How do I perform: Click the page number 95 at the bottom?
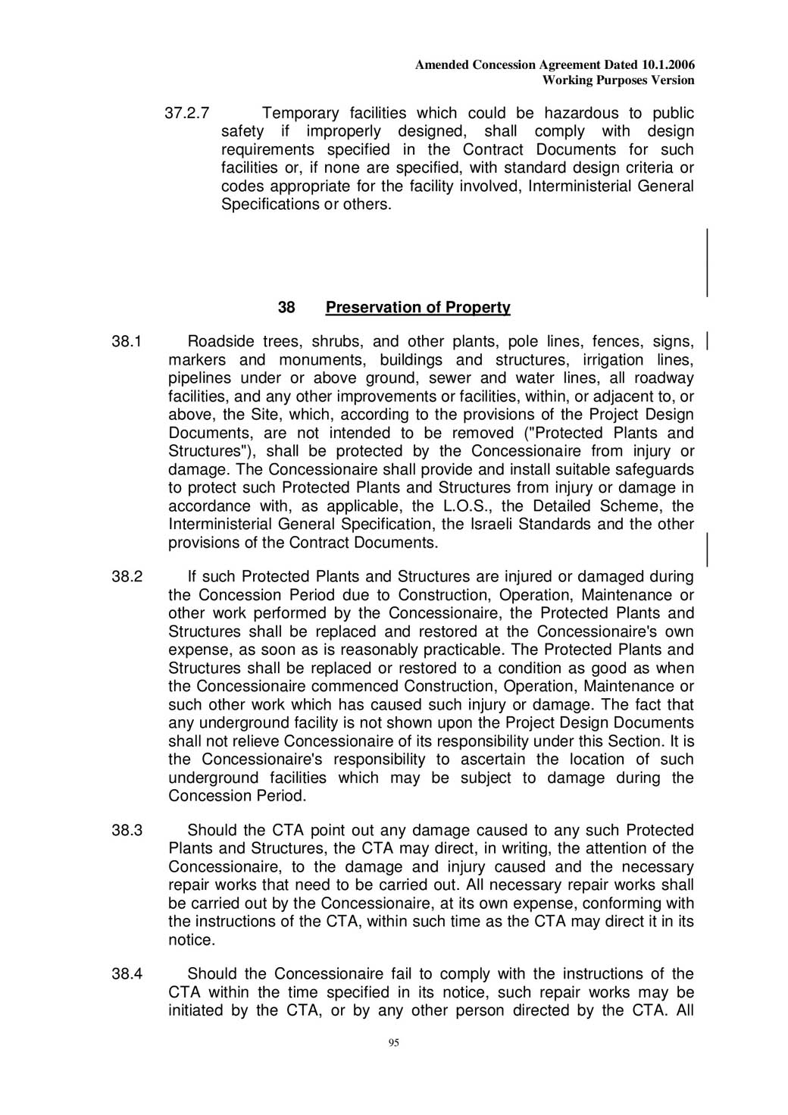click(x=393, y=1044)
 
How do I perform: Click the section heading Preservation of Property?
click(x=417, y=307)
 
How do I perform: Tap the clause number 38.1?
click(x=127, y=342)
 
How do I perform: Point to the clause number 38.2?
click(x=127, y=577)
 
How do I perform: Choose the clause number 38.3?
click(x=127, y=831)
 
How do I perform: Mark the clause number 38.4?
click(x=127, y=974)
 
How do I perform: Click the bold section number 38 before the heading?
click(x=286, y=307)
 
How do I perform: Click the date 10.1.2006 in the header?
click(x=668, y=65)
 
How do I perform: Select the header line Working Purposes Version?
click(x=618, y=80)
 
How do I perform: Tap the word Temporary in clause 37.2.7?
click(x=300, y=114)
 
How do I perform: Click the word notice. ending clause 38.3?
click(x=192, y=941)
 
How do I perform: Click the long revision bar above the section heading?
click(x=708, y=262)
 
